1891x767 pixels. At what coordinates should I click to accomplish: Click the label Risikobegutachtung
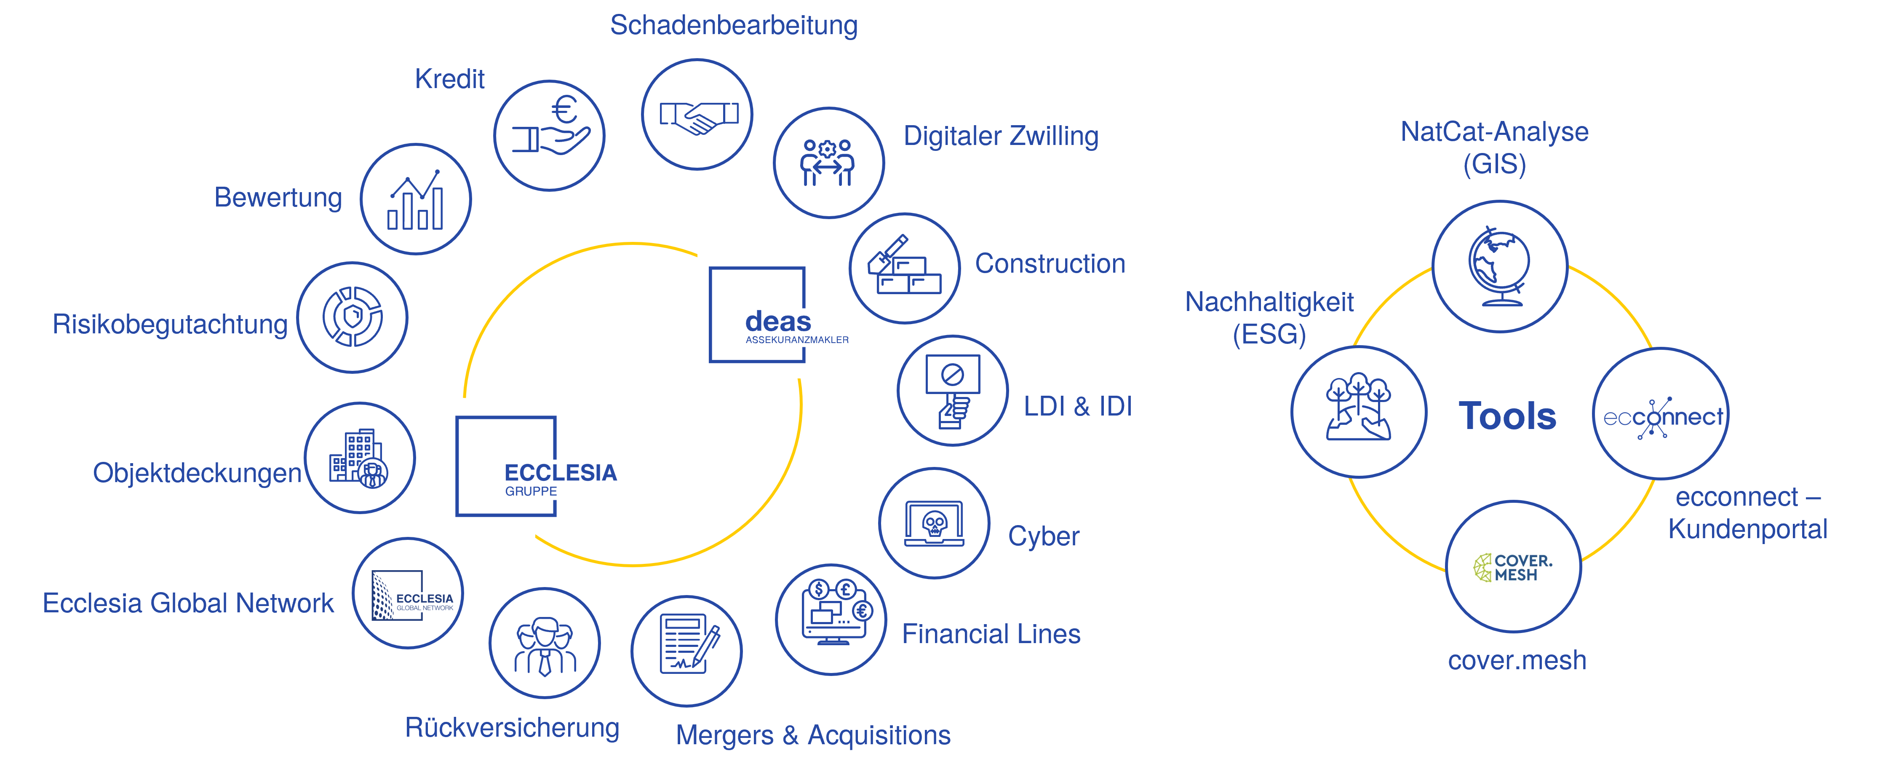tap(170, 324)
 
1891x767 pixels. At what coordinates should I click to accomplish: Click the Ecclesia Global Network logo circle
tap(408, 594)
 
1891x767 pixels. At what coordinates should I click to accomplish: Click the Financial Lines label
tap(991, 634)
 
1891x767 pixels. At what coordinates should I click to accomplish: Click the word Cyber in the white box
tap(1043, 536)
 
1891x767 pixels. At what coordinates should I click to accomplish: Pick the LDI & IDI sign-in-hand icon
tap(952, 391)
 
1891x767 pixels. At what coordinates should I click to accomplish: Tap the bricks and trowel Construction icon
tap(904, 268)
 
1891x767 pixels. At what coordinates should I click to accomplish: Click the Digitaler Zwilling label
tap(1001, 136)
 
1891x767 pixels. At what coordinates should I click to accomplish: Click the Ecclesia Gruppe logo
tap(507, 470)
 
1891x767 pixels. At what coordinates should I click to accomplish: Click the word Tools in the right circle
tap(1507, 416)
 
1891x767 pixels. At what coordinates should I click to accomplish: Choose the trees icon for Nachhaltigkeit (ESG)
tap(1359, 411)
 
